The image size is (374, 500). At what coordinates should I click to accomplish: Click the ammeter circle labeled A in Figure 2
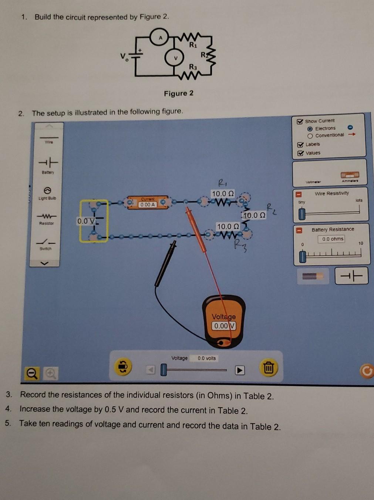[160, 38]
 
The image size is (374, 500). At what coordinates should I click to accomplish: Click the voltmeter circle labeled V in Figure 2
[176, 58]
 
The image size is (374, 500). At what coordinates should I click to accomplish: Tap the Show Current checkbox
[300, 121]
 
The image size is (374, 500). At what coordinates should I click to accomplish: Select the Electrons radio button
[310, 129]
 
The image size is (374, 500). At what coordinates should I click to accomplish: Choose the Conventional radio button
[310, 136]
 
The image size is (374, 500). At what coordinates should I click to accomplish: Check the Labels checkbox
[300, 145]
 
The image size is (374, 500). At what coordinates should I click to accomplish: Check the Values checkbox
[300, 153]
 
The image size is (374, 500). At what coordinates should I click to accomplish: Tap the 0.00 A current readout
[148, 205]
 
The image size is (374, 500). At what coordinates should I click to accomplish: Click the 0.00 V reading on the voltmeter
[223, 326]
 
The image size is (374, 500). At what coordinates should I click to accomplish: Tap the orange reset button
[366, 371]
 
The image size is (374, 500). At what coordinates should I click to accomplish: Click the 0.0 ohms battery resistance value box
[333, 239]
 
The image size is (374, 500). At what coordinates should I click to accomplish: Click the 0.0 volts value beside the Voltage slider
[206, 358]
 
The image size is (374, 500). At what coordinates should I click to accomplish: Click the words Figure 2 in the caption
[179, 94]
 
